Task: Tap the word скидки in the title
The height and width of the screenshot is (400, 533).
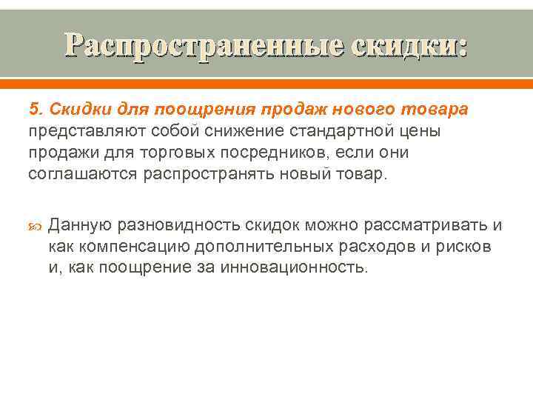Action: coord(406,47)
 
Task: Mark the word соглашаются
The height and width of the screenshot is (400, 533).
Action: coord(74,174)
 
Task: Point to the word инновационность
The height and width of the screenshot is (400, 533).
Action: coord(292,267)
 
